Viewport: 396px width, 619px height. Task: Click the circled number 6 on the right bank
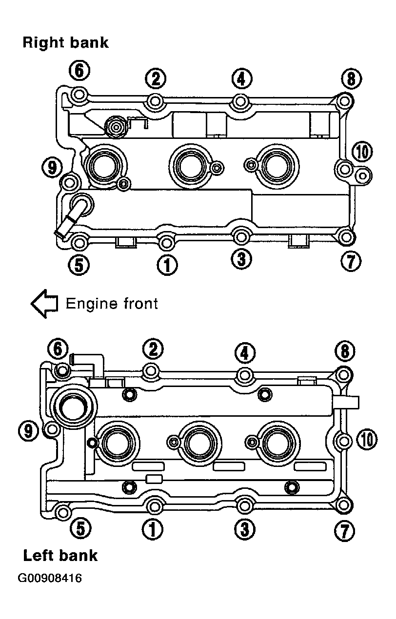coord(79,70)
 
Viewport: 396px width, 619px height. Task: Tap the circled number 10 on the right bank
coord(362,152)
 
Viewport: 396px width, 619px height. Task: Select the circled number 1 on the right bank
coord(167,265)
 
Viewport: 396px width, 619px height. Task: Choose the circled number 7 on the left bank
coord(344,531)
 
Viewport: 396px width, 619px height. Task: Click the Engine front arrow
coord(44,304)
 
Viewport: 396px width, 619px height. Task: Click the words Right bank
coord(65,42)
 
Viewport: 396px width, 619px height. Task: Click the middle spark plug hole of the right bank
coord(188,166)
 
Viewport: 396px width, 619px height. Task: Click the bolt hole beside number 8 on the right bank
coord(344,101)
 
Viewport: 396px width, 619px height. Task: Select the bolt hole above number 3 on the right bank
coord(240,237)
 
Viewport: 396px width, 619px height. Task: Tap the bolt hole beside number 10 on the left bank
coord(344,440)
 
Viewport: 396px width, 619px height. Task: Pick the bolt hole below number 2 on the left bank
coord(151,370)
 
